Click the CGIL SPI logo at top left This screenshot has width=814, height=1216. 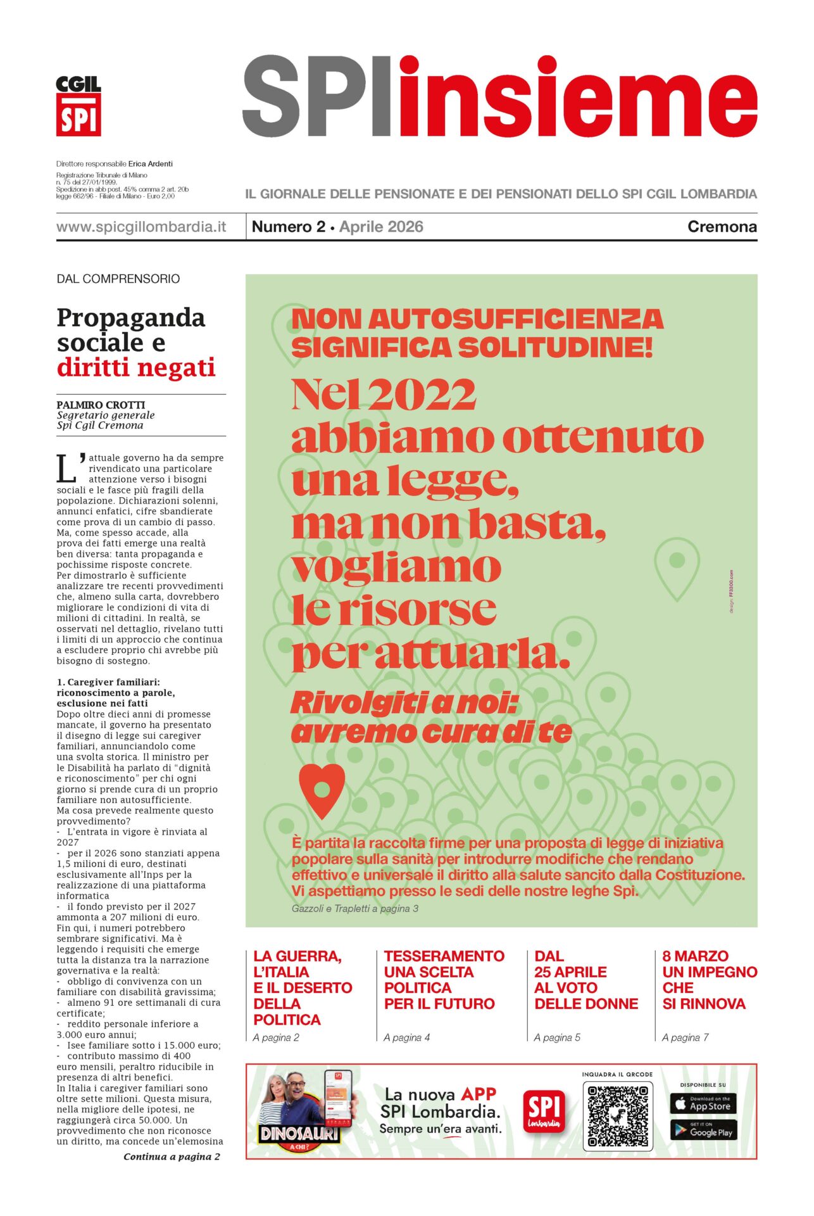78,106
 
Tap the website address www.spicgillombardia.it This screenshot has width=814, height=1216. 141,227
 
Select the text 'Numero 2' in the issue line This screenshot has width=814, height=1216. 288,227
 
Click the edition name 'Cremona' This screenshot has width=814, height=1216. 722,227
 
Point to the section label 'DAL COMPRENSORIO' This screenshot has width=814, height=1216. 118,279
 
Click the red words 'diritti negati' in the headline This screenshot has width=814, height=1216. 136,367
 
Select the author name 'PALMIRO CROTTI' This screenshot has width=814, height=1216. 101,405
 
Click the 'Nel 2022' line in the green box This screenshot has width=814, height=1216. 384,395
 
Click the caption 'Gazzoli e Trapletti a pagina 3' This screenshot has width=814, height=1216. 354,908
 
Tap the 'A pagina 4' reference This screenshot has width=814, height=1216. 406,1037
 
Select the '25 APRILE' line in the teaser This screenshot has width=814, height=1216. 570,972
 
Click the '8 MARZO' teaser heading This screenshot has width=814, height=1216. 695,956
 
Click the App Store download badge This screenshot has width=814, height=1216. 703,1104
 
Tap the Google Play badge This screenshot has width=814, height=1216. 703,1130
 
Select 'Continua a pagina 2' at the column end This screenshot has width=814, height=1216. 172,1156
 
